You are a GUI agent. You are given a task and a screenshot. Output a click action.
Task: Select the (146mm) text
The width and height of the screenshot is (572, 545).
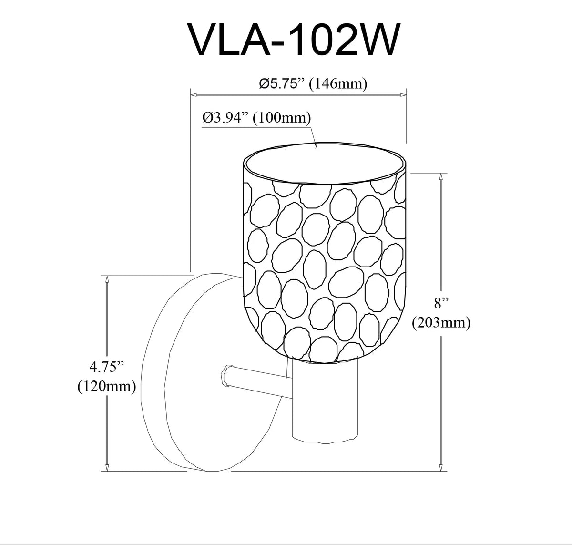(338, 84)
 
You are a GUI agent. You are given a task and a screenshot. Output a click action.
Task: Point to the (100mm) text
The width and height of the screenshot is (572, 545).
(282, 118)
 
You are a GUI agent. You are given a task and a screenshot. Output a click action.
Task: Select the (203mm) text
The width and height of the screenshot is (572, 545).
(441, 323)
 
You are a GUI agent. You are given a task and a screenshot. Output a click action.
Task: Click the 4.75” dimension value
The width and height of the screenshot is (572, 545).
(107, 367)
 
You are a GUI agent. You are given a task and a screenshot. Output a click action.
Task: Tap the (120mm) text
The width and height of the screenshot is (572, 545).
(107, 387)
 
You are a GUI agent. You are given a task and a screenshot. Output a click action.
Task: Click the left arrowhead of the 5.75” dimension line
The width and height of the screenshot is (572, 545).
(194, 94)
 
